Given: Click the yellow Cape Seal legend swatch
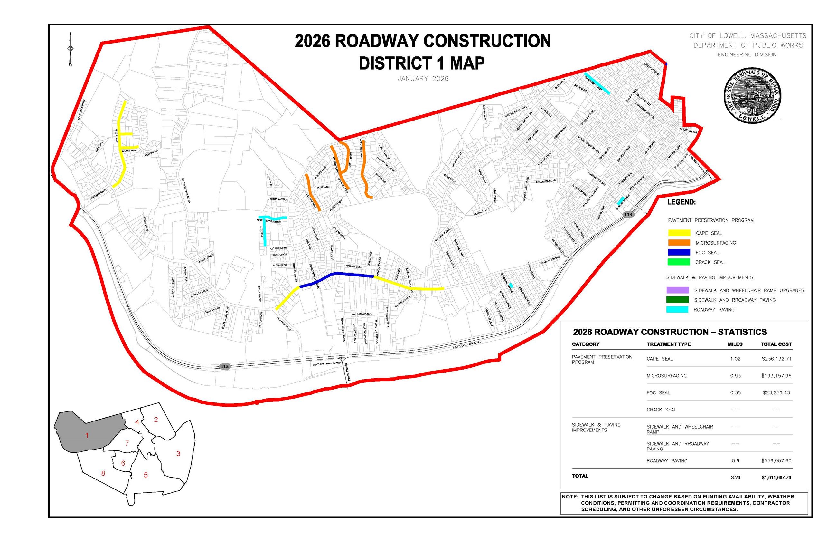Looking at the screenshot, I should (x=679, y=233).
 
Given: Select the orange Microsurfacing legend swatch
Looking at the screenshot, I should (x=679, y=243).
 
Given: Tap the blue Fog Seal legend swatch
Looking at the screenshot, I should (x=679, y=252).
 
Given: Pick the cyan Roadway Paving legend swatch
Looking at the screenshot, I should (x=677, y=310).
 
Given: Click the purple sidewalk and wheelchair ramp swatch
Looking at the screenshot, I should (x=677, y=290).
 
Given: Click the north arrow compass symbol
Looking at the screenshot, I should (x=71, y=49).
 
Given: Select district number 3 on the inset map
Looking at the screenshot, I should (x=178, y=454).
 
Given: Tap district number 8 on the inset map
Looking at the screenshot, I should (x=103, y=473).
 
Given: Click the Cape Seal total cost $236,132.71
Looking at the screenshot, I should (x=776, y=359).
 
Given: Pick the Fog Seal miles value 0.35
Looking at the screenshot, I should (x=735, y=393).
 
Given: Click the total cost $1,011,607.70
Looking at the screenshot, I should (x=776, y=478).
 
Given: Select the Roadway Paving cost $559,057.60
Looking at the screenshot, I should (x=776, y=461).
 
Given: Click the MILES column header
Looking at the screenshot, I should (x=735, y=344).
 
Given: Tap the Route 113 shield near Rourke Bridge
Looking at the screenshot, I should (x=224, y=366).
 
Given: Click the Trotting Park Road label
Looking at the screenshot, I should (x=186, y=190).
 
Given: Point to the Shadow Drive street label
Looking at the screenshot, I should (x=353, y=267).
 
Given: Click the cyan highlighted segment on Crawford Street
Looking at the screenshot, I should (x=597, y=83).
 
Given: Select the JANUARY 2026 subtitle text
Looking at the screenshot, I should (x=423, y=79).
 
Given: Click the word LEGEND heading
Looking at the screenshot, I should (x=681, y=202).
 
